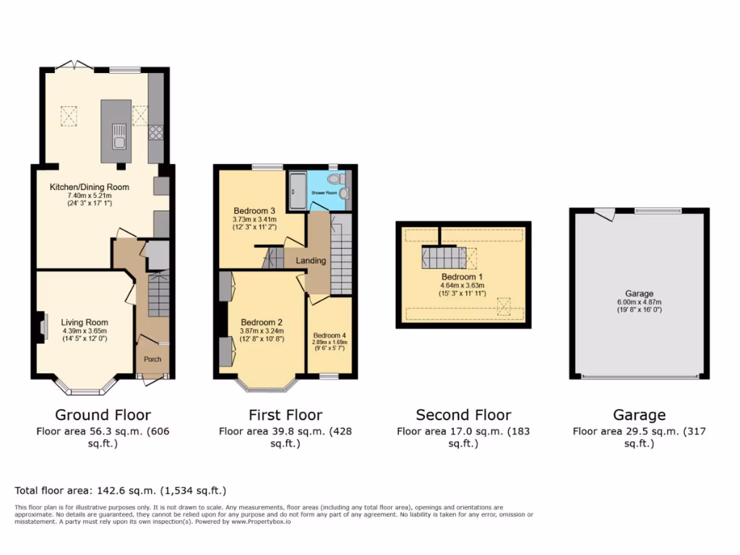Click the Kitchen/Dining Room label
click(x=89, y=186)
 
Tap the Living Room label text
click(x=85, y=322)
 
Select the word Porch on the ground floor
click(x=152, y=359)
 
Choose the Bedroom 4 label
click(x=329, y=335)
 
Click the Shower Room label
click(x=324, y=194)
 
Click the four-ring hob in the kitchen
click(x=155, y=132)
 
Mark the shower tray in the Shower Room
click(x=297, y=190)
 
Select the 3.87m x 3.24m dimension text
click(x=262, y=330)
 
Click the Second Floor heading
click(x=463, y=415)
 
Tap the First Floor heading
click(x=285, y=415)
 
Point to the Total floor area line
click(x=121, y=490)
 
